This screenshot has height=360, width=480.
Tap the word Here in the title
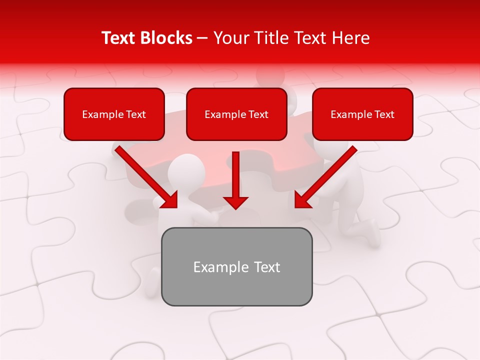click(350, 38)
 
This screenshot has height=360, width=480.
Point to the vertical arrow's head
click(235, 202)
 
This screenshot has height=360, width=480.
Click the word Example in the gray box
click(214, 267)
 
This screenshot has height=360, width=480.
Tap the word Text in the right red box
click(384, 114)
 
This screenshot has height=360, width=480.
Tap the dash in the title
click(202, 38)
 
